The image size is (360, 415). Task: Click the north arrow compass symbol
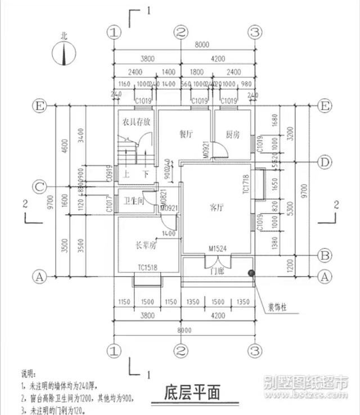(64, 53)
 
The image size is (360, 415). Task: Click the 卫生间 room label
(133, 201)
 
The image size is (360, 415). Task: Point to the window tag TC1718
(246, 186)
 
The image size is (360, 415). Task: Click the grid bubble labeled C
(39, 186)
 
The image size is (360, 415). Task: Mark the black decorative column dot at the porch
(250, 273)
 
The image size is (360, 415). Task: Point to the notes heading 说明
(28, 373)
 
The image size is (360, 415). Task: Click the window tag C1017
(109, 204)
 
